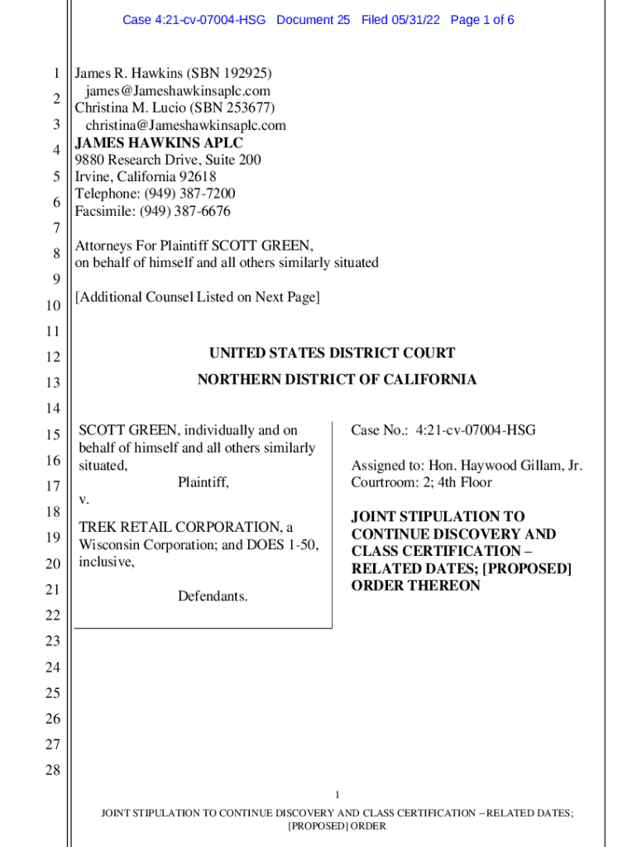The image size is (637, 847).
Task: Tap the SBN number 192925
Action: pyautogui.click(x=244, y=74)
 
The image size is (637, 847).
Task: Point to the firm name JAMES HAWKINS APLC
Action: pyautogui.click(x=159, y=142)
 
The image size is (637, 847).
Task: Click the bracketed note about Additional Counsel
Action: pyautogui.click(x=197, y=297)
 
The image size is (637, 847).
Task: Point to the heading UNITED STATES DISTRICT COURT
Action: pyautogui.click(x=332, y=353)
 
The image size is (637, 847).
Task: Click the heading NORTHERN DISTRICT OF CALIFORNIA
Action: pyautogui.click(x=337, y=380)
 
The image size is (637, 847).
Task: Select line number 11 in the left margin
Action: pyautogui.click(x=53, y=332)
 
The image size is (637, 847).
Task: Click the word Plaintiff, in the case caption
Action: pyautogui.click(x=203, y=482)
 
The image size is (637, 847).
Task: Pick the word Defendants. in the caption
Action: pyautogui.click(x=213, y=596)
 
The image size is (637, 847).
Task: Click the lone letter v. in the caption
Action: pyautogui.click(x=84, y=500)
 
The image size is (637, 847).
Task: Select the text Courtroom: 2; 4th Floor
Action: pyautogui.click(x=421, y=482)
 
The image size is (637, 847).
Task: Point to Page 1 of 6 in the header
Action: pyautogui.click(x=482, y=20)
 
